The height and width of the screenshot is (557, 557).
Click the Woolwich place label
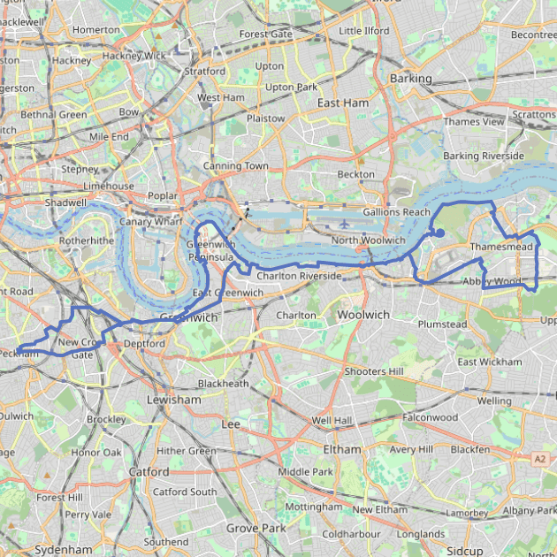(362, 314)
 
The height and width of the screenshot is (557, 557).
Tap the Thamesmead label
(501, 247)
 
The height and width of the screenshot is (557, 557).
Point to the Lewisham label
(174, 400)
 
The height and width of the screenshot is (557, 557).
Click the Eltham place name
(341, 449)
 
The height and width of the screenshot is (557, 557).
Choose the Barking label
(410, 78)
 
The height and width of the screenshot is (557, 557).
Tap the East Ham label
(343, 103)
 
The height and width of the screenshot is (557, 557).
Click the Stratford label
(204, 71)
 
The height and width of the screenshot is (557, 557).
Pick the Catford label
(149, 472)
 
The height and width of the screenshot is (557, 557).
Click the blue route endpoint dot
(439, 233)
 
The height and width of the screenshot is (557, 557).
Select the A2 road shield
(539, 458)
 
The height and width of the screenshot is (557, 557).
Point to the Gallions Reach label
(396, 212)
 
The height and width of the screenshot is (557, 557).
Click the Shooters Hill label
(378, 370)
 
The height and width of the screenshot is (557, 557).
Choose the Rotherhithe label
(87, 240)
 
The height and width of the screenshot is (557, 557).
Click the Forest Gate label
(265, 34)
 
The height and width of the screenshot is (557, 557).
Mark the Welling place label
(494, 401)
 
